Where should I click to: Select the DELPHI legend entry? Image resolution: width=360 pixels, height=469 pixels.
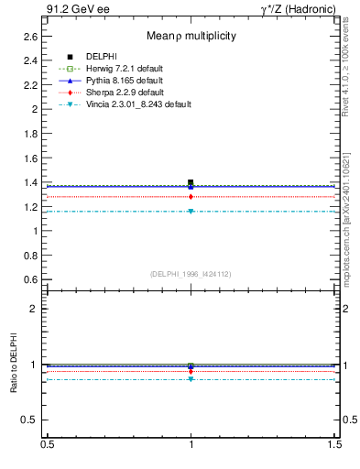101,57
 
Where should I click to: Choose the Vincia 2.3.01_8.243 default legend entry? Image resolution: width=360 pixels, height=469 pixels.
138,104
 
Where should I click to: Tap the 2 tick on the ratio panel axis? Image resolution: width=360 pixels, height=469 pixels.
34,309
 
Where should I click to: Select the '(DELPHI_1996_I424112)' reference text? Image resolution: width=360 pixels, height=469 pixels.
191,274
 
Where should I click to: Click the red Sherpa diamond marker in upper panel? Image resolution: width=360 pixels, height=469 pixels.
191,196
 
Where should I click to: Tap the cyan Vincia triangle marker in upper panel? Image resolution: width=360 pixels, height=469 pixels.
191,212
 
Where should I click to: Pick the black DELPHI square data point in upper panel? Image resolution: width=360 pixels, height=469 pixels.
191,182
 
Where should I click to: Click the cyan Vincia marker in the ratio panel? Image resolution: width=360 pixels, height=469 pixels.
191,379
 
